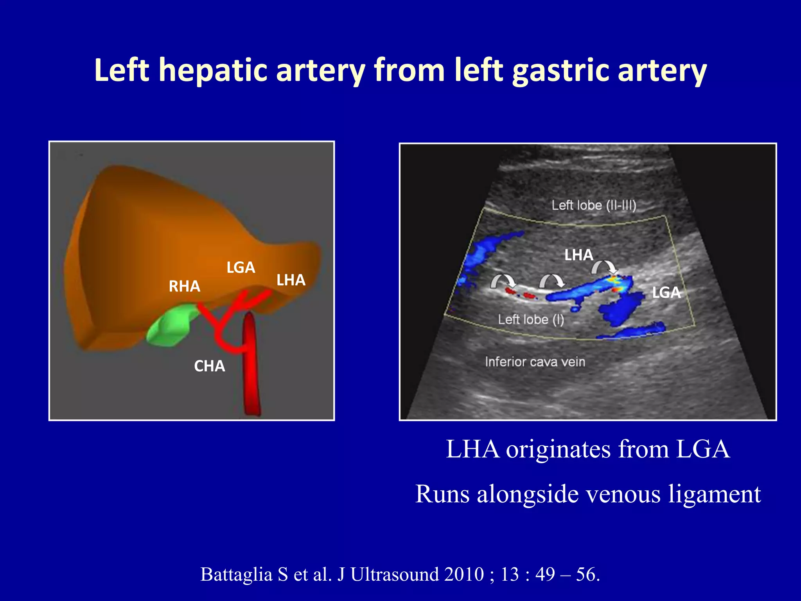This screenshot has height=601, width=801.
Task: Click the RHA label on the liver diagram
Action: click(x=184, y=286)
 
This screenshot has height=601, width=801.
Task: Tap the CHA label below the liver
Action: click(x=209, y=366)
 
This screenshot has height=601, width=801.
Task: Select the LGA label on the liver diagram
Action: click(x=241, y=268)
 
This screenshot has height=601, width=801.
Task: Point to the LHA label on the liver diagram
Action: click(x=291, y=280)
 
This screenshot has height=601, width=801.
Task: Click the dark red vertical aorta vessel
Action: click(x=251, y=364)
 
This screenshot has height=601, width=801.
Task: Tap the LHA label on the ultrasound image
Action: click(x=578, y=255)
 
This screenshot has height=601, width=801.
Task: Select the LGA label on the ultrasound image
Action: click(x=666, y=293)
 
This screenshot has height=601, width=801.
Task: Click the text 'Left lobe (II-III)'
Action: click(x=594, y=205)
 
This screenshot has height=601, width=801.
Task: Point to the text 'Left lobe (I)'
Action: click(x=531, y=319)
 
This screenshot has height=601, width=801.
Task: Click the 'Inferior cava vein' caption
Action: click(x=535, y=362)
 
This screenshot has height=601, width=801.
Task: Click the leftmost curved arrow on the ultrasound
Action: click(x=503, y=280)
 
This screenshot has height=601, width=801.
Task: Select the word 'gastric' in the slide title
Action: click(x=561, y=70)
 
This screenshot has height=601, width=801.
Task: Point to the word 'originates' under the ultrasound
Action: click(x=558, y=449)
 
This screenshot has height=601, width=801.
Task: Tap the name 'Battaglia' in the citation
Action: click(x=236, y=574)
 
